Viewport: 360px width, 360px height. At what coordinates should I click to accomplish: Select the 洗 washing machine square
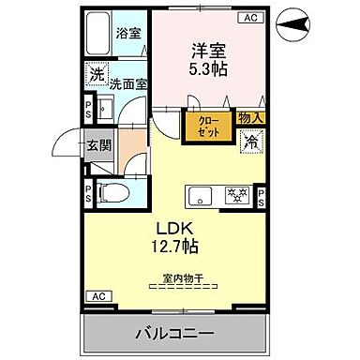(x=96, y=73)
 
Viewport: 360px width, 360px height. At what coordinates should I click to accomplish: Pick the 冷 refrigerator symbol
(x=252, y=142)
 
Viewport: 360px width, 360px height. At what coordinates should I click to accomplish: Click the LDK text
(x=175, y=228)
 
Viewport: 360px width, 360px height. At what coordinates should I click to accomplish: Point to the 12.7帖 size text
(x=175, y=247)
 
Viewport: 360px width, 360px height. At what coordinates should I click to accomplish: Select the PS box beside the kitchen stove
(x=261, y=196)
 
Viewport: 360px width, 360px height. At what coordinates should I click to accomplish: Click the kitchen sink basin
(x=198, y=195)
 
